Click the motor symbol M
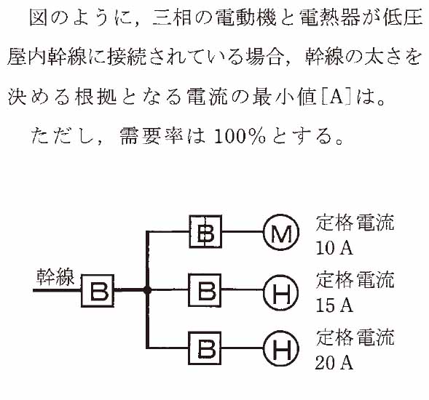click(281, 232)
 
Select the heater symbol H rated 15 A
click(281, 292)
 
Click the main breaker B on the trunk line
click(98, 291)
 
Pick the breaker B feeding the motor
click(205, 231)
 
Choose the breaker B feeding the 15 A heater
click(205, 290)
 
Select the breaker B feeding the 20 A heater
click(205, 348)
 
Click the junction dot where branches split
click(147, 290)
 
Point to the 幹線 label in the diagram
click(55, 277)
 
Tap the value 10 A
click(334, 248)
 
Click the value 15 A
click(334, 305)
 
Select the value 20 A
click(334, 362)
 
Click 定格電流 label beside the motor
click(355, 223)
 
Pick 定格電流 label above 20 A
click(355, 337)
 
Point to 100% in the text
click(240, 136)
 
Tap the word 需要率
click(151, 136)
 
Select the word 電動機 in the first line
click(246, 17)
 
